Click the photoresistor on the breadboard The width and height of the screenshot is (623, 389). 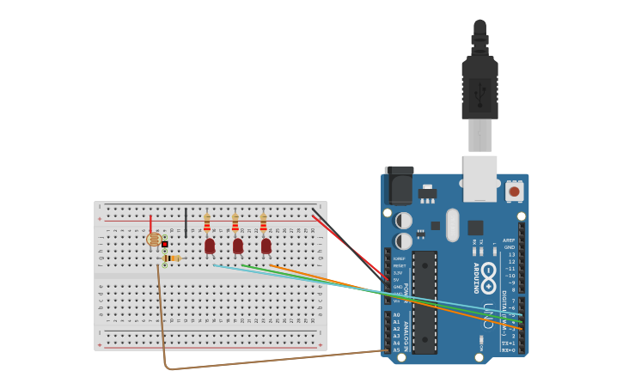154,240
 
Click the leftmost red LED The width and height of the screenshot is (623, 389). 210,246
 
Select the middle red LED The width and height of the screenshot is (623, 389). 238,246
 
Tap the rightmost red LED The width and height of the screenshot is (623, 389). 266,246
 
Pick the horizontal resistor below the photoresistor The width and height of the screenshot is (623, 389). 172,258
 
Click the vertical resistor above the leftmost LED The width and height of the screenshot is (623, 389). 207,224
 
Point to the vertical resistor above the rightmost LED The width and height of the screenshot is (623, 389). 263,224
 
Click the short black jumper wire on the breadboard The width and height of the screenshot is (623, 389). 186,222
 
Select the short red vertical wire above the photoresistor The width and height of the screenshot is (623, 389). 150,223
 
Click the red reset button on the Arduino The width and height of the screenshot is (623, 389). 514,191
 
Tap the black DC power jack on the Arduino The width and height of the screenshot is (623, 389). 399,185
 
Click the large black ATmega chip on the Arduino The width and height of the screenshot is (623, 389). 424,302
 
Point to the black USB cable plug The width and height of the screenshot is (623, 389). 479,77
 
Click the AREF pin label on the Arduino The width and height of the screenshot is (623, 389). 509,240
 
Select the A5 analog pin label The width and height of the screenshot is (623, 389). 396,349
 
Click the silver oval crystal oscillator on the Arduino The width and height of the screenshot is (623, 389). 453,225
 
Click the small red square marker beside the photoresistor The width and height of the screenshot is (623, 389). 164,244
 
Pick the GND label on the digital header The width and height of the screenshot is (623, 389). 510,247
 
